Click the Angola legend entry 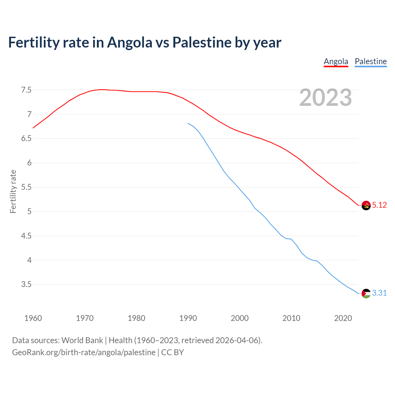[336, 61]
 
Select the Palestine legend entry [371, 61]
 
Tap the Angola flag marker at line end [366, 205]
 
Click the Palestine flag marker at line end [366, 293]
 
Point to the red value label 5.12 [379, 205]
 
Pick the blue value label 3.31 [379, 293]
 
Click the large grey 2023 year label [326, 98]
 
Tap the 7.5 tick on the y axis [26, 90]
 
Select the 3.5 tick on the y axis [26, 285]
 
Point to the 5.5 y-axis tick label [26, 187]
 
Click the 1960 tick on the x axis [33, 318]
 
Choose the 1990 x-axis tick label [188, 318]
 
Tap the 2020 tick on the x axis [343, 318]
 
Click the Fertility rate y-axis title [13, 191]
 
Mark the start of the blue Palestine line [188, 123]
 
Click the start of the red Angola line [33, 128]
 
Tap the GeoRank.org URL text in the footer [84, 352]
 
